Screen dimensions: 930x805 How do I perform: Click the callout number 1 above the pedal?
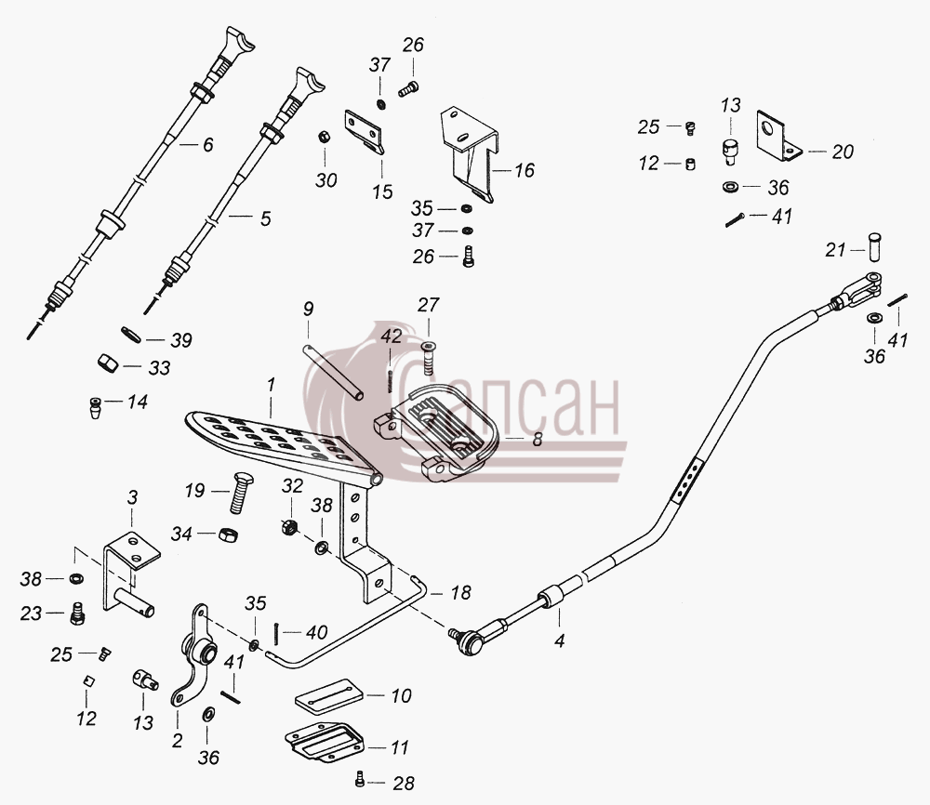tap(271, 386)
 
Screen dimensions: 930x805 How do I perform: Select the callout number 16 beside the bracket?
tap(525, 171)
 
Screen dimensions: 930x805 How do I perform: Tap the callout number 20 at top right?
tap(843, 152)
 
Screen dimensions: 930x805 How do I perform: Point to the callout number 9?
tap(308, 309)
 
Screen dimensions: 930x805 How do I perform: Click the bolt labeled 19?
tap(242, 492)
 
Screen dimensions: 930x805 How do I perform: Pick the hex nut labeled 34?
tap(228, 534)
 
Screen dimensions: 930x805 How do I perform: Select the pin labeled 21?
tap(873, 247)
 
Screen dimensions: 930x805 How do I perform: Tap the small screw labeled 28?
tap(359, 781)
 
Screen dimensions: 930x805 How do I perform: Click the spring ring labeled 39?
tap(130, 335)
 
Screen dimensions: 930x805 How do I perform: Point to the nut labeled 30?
tap(324, 137)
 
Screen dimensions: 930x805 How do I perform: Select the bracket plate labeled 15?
tap(364, 131)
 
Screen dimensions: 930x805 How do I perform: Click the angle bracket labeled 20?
tap(777, 136)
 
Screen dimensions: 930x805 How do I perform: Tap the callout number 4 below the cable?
tap(559, 640)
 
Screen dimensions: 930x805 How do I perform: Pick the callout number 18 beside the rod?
tap(460, 593)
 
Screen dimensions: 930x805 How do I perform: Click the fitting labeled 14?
tap(95, 408)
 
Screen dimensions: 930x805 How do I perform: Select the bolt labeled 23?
tap(76, 613)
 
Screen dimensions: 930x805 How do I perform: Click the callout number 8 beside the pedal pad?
tap(538, 440)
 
